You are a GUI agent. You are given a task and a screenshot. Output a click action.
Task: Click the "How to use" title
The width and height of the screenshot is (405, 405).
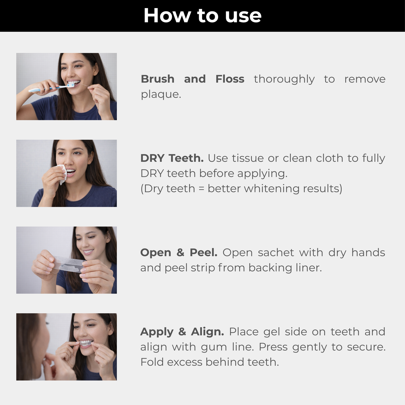(202, 15)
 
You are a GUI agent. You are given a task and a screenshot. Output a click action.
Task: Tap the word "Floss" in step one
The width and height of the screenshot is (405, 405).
(230, 79)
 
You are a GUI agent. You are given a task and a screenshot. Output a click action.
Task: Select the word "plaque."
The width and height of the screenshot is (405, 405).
(161, 94)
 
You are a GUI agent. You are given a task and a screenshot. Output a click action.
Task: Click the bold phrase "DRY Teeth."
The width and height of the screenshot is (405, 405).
(172, 158)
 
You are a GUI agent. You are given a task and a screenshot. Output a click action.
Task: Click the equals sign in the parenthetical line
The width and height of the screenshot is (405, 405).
(201, 189)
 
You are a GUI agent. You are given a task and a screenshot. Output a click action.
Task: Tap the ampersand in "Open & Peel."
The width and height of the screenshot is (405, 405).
(180, 253)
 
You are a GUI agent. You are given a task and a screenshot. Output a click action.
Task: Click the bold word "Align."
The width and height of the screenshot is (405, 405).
(207, 332)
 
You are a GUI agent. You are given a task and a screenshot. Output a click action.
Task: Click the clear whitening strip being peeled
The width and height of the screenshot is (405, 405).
(69, 264)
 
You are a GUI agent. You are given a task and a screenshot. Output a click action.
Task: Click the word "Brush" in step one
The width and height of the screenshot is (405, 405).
(158, 79)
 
